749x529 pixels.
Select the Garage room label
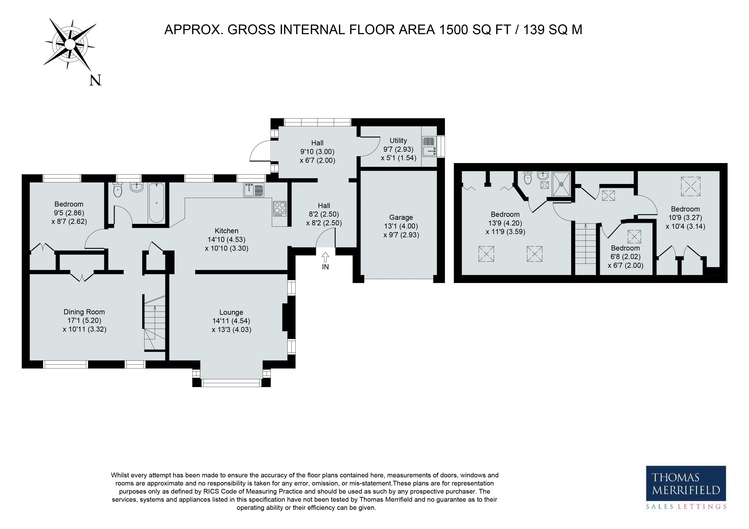401,217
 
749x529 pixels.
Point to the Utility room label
398,140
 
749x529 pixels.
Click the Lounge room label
231,312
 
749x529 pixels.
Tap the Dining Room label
84,312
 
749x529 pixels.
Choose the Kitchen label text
227,231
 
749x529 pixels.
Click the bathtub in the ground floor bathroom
157,203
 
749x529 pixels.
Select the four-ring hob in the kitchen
279,209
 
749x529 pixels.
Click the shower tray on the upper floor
561,184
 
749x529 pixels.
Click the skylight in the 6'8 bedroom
634,237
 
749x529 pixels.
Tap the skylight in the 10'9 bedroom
691,187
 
